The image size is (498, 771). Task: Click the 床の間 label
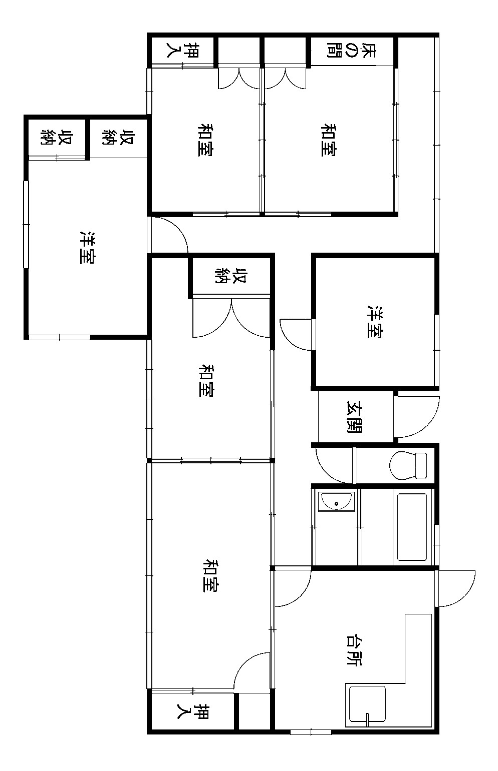tap(351, 50)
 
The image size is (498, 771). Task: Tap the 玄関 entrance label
tap(354, 416)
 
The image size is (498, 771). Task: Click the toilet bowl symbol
tap(408, 466)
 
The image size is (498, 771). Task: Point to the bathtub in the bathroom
tap(412, 527)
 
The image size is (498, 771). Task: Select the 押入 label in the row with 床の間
tap(183, 50)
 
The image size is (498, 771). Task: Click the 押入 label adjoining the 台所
tap(193, 711)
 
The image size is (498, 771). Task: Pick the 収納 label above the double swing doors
tap(231, 276)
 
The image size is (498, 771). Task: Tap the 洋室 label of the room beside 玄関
tap(376, 322)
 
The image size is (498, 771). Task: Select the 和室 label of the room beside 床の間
tap(329, 140)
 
